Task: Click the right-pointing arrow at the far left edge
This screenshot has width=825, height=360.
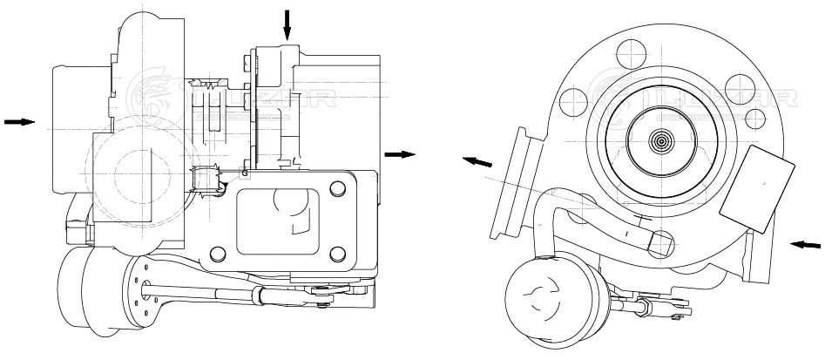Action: pyautogui.click(x=18, y=122)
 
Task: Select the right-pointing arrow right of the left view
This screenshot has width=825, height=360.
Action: pyautogui.click(x=400, y=154)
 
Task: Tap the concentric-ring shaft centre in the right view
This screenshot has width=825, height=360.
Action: pyautogui.click(x=661, y=139)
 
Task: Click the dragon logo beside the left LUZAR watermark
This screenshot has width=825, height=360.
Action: pyautogui.click(x=149, y=92)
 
